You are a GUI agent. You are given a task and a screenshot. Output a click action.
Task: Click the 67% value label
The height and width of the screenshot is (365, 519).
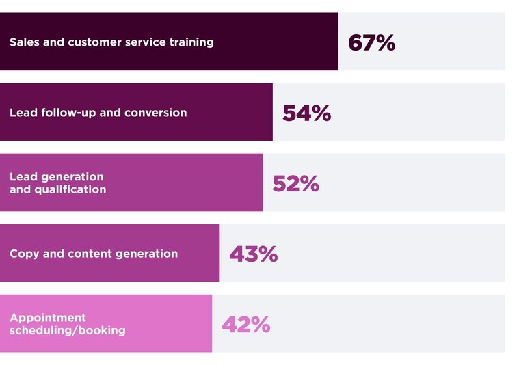(371, 42)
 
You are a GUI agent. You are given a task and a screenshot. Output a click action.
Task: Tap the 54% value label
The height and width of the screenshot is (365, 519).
(306, 113)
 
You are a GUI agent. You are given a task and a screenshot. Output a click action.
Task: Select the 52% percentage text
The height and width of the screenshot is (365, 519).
(295, 183)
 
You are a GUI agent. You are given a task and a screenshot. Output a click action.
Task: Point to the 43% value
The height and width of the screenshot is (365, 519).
(253, 254)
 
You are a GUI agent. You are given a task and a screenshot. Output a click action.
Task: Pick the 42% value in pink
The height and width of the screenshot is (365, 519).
(245, 324)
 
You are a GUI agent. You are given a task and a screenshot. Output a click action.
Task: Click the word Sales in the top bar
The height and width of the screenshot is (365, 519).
(23, 42)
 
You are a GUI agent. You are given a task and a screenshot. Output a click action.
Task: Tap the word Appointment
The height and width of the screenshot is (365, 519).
(48, 318)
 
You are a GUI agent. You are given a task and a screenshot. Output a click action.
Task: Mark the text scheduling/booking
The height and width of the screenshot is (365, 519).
(68, 331)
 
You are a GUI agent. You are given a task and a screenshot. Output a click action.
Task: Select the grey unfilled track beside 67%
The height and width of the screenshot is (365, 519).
(451, 42)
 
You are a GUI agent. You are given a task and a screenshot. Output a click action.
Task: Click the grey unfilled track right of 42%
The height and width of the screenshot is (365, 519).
(390, 324)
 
